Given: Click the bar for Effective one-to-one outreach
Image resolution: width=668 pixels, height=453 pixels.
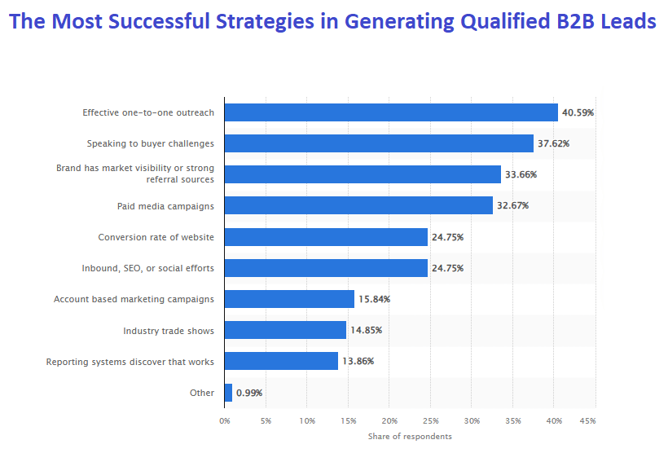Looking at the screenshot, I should click(391, 112).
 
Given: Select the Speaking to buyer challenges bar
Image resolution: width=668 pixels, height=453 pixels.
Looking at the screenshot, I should click(379, 143).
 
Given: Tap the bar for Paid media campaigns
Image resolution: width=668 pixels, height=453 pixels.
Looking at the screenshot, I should click(358, 205).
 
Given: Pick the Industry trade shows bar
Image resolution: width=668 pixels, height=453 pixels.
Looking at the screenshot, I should click(285, 330).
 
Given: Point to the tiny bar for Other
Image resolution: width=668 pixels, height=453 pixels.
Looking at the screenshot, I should click(228, 393).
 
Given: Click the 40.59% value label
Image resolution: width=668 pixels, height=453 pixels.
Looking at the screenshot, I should click(578, 112).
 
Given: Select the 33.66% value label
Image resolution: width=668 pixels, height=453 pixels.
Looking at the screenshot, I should click(521, 174).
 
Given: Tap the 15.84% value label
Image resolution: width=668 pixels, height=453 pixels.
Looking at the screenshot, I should click(374, 299).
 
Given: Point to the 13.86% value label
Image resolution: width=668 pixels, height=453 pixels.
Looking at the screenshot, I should click(358, 361).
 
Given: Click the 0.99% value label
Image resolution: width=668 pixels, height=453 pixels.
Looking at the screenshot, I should click(249, 393).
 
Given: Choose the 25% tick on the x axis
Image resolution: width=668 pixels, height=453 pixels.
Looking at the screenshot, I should click(430, 421).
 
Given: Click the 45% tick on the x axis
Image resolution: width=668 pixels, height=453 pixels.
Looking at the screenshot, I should click(587, 421).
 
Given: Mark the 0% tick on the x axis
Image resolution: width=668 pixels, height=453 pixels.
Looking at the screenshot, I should click(225, 421).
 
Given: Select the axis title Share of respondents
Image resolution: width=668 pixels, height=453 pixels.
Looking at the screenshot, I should click(409, 437).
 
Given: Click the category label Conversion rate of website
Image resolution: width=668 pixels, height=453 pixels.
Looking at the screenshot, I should click(156, 237).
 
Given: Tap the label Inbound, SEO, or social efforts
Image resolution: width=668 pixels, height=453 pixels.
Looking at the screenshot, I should click(148, 268).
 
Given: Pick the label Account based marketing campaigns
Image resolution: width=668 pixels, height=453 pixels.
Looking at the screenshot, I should click(134, 299).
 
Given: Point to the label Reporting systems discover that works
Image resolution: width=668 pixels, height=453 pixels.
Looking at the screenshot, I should click(130, 361).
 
